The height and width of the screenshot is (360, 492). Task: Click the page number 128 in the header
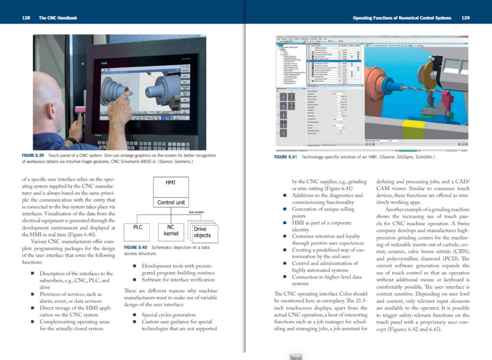pyautogui.click(x=26, y=18)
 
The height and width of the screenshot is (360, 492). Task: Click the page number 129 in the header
pyautogui.click(x=465, y=18)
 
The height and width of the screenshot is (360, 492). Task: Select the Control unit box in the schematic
pyautogui.click(x=170, y=202)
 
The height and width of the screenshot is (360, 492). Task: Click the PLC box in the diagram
pyautogui.click(x=137, y=229)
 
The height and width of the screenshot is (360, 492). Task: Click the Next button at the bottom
pyautogui.click(x=296, y=357)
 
